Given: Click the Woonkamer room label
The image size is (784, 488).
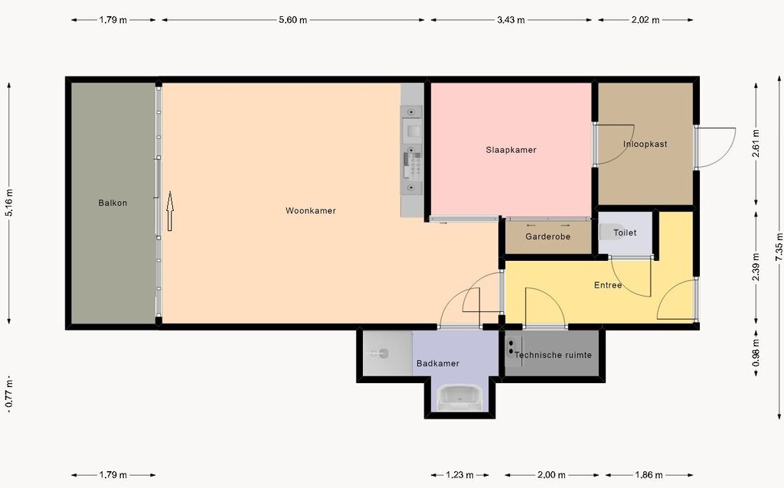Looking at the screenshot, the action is (311, 211).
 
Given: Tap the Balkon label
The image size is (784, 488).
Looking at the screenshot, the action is (113, 203).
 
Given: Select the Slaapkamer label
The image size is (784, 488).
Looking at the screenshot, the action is (511, 150).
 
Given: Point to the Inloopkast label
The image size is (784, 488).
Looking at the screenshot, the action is (645, 144).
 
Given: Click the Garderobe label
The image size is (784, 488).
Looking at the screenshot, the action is (547, 237).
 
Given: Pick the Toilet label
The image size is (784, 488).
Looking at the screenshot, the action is (625, 233).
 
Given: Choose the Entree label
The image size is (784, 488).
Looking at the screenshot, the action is (608, 285).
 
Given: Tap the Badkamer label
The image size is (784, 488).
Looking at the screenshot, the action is (437, 363).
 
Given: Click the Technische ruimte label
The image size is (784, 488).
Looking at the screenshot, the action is (553, 355).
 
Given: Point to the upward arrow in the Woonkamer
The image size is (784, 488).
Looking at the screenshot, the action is (170, 211).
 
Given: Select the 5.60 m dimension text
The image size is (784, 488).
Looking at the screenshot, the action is (293, 20).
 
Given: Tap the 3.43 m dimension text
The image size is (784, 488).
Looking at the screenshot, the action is (511, 20).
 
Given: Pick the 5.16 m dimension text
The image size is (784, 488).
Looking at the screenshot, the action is (9, 203).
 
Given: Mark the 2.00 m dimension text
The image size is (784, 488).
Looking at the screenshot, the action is (551, 475).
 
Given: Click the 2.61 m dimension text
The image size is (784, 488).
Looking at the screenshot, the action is (756, 143).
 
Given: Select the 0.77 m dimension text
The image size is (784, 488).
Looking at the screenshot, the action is (9, 395).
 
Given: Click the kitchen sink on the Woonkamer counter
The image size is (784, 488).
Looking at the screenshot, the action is (413, 132).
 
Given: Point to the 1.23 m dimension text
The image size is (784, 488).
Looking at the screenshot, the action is (459, 475).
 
